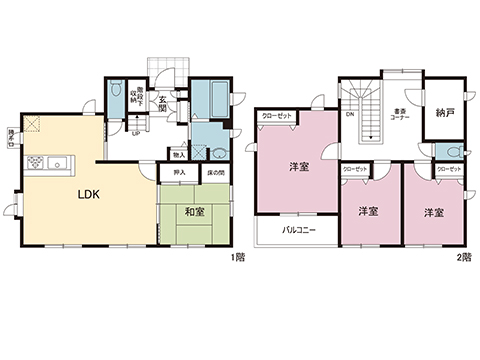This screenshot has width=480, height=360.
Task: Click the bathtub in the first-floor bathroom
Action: pos(211,99)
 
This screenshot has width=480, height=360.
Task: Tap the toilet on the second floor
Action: pos(452,151)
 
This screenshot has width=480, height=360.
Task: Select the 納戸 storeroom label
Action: pos(444,113)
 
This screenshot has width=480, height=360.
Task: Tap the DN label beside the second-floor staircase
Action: pos(350,115)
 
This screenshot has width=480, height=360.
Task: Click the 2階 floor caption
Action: pos(463,258)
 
